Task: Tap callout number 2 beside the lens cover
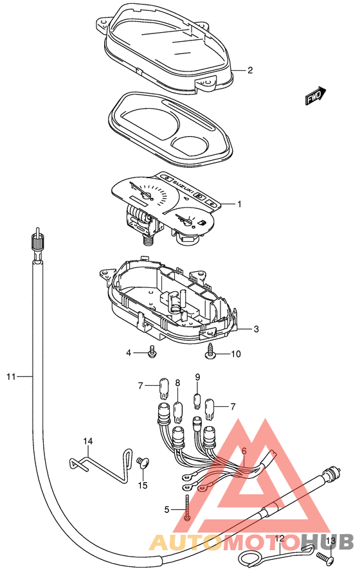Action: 250,70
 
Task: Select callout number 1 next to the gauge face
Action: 240,204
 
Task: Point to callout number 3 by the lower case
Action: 256,328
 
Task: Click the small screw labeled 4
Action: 152,352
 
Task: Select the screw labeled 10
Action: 210,352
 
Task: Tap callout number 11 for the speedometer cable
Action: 12,377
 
